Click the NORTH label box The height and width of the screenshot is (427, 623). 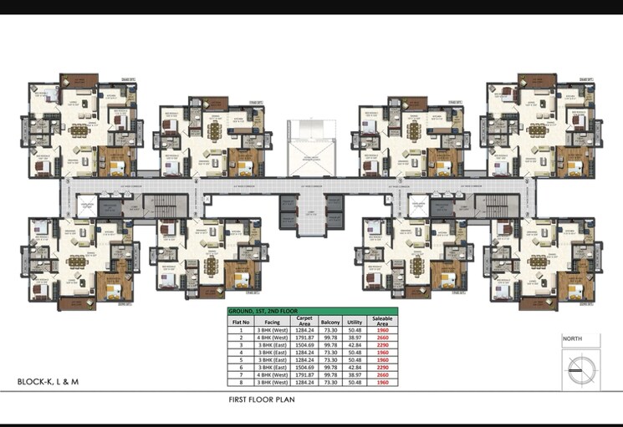(580, 340)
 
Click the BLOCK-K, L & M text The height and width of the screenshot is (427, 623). (49, 382)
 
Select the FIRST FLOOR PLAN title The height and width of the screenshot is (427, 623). (262, 400)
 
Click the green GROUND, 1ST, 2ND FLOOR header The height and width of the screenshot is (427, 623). (313, 311)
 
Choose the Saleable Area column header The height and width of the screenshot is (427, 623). (381, 320)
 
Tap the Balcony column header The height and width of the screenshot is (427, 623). (329, 320)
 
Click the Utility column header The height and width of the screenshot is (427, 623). (355, 320)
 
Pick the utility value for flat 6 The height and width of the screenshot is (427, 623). (355, 367)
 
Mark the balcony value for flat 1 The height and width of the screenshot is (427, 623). (329, 329)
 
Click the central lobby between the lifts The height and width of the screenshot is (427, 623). (311, 213)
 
